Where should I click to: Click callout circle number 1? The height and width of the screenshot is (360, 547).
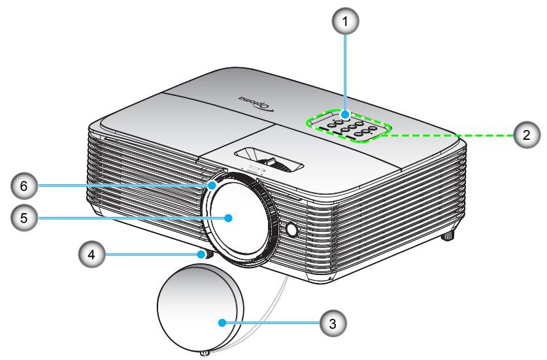tap(345, 22)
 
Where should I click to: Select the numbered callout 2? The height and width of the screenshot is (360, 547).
tap(527, 135)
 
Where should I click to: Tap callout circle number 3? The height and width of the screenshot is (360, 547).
tap(333, 323)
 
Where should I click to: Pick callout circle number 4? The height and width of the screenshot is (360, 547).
tap(91, 254)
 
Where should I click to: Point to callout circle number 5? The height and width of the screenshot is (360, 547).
tap(24, 218)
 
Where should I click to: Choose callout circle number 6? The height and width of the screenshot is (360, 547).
tap(24, 186)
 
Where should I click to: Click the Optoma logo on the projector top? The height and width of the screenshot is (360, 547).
tap(256, 103)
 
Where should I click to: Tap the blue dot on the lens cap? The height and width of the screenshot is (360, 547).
tap(222, 323)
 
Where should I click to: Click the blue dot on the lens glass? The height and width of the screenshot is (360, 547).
tap(229, 218)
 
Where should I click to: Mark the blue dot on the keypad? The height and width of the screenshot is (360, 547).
tap(345, 114)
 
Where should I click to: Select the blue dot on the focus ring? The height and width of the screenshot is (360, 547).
tap(212, 186)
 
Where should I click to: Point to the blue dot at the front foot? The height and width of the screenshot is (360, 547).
tap(201, 254)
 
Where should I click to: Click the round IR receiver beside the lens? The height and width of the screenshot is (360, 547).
tap(291, 229)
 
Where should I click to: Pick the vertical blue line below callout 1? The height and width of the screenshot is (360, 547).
tap(345, 73)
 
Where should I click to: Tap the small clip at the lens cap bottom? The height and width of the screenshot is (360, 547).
tap(205, 353)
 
